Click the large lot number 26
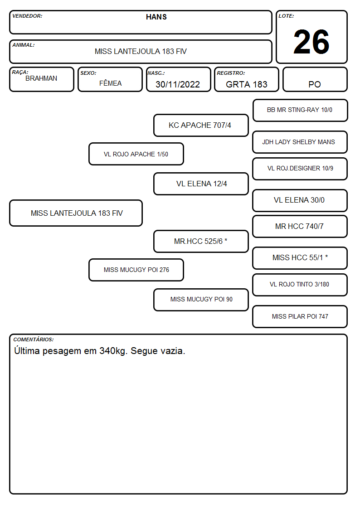(311, 42)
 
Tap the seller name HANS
(156, 17)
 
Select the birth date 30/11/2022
(178, 84)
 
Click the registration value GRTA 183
(246, 84)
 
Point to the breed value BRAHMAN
(41, 78)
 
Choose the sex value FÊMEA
(110, 83)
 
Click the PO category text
(315, 84)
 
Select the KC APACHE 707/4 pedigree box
(201, 125)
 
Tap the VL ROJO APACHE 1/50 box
(136, 154)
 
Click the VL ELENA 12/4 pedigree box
(201, 184)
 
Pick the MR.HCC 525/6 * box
(201, 241)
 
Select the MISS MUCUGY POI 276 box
(136, 270)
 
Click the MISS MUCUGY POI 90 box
(201, 300)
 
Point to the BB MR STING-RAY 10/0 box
(300, 111)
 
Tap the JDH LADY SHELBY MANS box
(300, 142)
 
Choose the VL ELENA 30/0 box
(300, 200)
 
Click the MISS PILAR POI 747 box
(300, 316)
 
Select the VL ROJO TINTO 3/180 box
(300, 285)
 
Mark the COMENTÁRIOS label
(34, 339)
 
